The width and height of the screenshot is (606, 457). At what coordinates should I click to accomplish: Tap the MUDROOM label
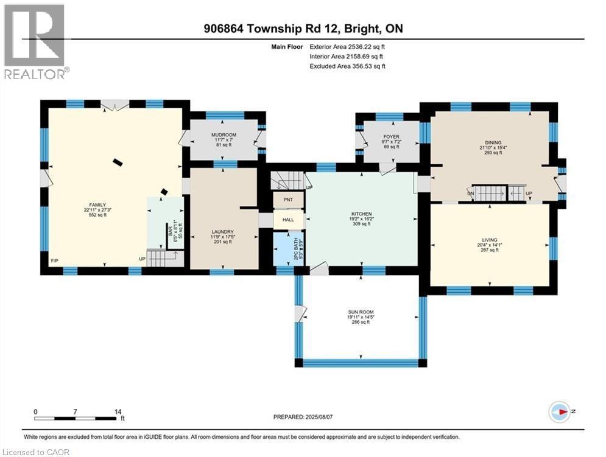(224, 135)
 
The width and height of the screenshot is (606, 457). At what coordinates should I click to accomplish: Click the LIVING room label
(490, 243)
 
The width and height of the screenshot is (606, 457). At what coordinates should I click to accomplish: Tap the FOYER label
(390, 137)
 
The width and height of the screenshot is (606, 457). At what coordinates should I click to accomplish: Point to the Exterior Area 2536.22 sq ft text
(347, 46)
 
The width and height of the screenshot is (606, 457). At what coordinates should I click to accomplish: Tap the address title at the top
(303, 28)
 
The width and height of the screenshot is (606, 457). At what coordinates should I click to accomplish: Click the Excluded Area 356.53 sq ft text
(347, 66)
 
